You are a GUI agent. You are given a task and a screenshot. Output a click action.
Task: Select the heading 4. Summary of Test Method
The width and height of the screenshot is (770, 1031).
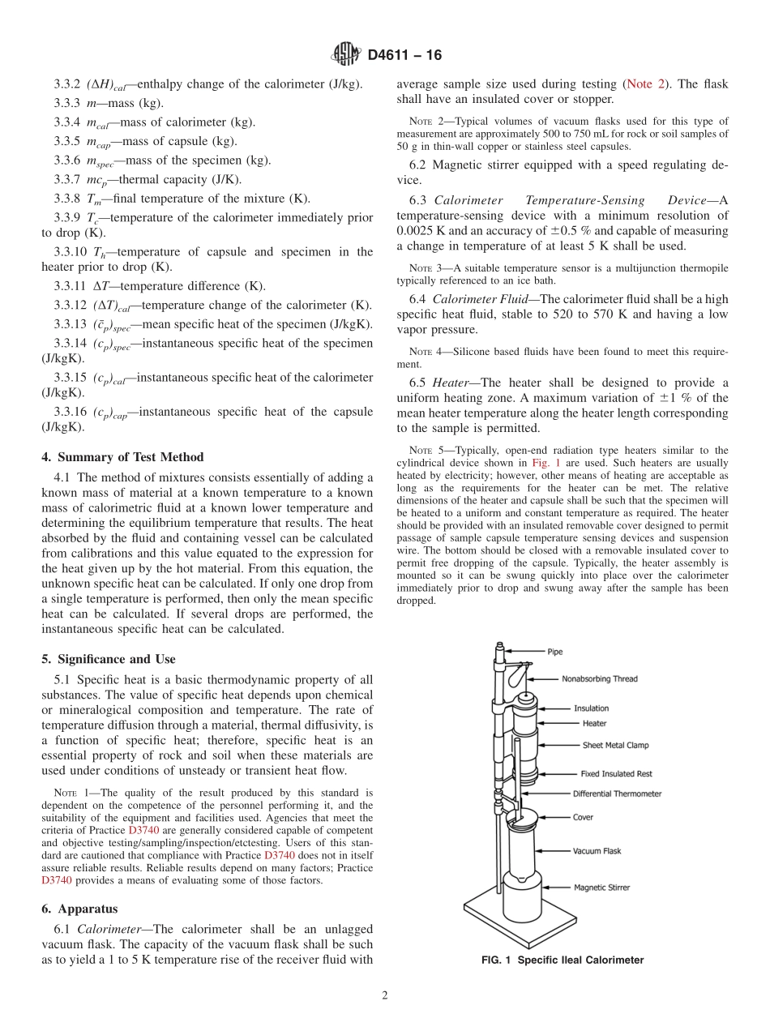[x=122, y=457]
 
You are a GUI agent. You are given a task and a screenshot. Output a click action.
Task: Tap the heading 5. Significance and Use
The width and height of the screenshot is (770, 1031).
[x=108, y=659]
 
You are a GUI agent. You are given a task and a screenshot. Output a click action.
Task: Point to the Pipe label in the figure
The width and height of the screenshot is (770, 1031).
[x=554, y=651]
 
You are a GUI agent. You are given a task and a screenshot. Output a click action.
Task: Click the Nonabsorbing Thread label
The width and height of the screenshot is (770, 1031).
[x=599, y=679]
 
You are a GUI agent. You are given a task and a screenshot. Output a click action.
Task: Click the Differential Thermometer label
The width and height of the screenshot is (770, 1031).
[x=617, y=794]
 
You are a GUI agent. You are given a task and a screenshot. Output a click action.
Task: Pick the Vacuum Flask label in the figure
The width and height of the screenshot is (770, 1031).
[x=597, y=851]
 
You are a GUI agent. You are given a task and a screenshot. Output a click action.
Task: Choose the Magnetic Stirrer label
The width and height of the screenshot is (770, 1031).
[x=601, y=888]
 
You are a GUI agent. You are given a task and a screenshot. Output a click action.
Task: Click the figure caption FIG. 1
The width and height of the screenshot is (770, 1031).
[x=562, y=960]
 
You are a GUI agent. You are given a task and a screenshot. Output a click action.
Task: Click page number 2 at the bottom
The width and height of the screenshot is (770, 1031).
[x=385, y=996]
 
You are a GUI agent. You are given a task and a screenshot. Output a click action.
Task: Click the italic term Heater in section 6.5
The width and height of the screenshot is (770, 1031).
[x=451, y=383]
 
